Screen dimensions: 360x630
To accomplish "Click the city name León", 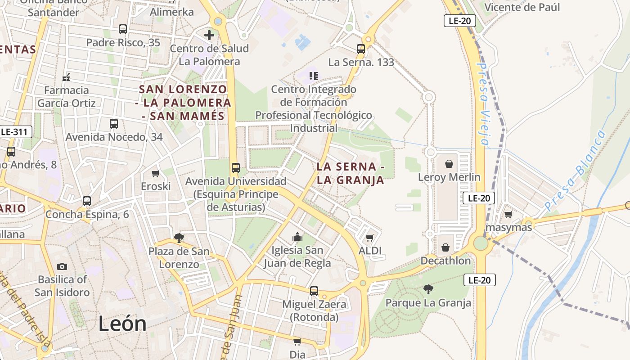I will click(122, 324).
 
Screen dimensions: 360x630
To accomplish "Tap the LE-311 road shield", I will click(16, 132).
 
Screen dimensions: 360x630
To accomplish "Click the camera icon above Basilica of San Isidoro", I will click(62, 267).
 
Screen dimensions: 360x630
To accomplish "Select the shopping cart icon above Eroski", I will click(156, 173).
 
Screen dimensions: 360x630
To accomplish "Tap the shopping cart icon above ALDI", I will click(370, 238).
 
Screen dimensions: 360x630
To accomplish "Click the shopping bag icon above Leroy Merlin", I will click(449, 164).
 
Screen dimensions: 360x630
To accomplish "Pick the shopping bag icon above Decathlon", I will click(445, 247).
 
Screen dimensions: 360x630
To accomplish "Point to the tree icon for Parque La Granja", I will click(428, 289).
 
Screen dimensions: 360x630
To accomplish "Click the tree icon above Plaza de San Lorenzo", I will click(179, 238).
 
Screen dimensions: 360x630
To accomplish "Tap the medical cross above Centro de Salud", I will click(209, 35).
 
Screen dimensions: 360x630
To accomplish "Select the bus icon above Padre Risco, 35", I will click(123, 29).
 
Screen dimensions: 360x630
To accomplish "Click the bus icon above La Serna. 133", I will click(361, 49).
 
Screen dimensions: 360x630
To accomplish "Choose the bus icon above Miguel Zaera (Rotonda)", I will click(314, 291).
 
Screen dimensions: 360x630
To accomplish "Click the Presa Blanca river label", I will click(574, 171).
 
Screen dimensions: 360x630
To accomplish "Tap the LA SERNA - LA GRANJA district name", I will click(350, 173).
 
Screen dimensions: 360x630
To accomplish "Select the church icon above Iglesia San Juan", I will click(297, 237).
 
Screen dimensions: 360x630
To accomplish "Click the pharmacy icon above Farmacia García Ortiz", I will click(66, 77).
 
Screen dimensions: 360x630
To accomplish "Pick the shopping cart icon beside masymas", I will click(508, 214).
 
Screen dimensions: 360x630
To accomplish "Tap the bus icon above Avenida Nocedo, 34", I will click(114, 123).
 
